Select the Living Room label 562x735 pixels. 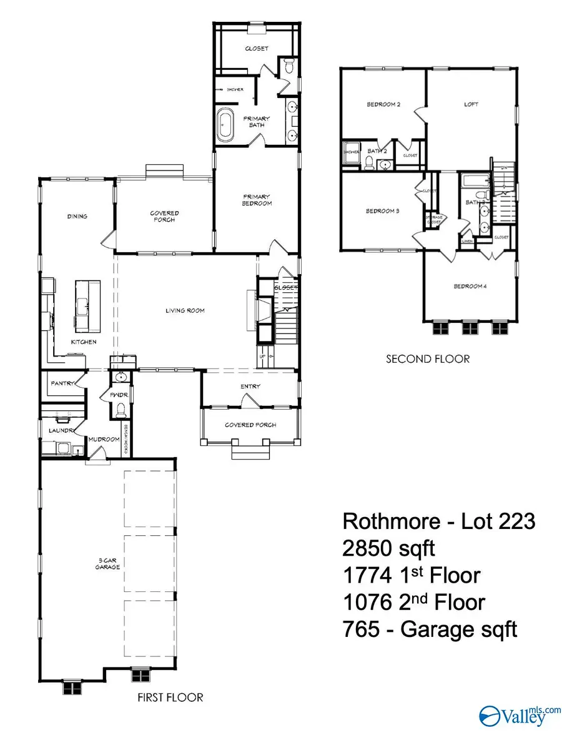185,310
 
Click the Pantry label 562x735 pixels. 63,383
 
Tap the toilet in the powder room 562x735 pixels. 122,410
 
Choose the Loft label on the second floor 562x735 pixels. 471,104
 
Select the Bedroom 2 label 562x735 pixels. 383,104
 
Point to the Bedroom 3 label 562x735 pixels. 382,211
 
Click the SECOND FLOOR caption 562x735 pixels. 427,359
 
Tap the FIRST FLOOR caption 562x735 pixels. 170,698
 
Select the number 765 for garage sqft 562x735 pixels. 360,629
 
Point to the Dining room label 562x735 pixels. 77,217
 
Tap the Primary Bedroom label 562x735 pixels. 257,200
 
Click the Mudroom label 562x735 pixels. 104,439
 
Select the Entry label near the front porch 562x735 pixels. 250,387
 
